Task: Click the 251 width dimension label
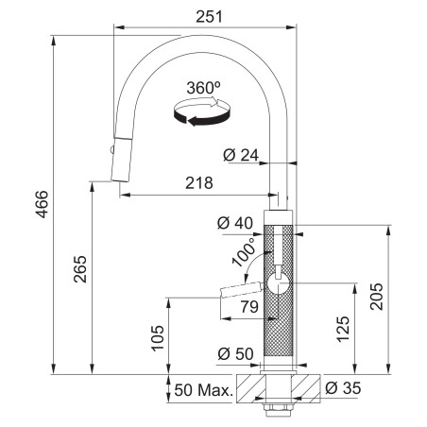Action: [209, 17]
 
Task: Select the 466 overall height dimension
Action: [42, 204]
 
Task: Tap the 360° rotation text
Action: [203, 88]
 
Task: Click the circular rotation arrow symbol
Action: [202, 111]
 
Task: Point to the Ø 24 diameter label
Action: [241, 155]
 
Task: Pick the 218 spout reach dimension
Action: [199, 183]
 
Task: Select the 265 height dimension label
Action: [80, 269]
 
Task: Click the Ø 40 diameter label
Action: [235, 223]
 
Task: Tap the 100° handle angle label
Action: [244, 252]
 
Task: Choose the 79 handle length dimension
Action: [249, 306]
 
